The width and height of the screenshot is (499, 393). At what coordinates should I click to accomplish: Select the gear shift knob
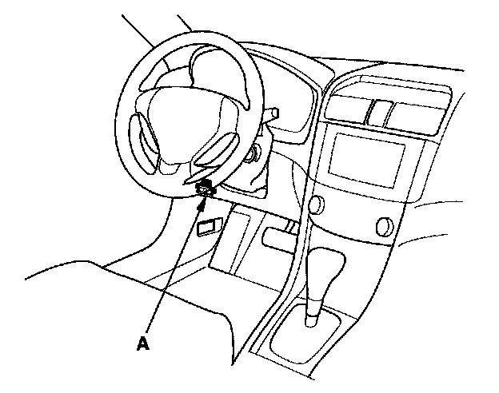pos(326,268)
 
